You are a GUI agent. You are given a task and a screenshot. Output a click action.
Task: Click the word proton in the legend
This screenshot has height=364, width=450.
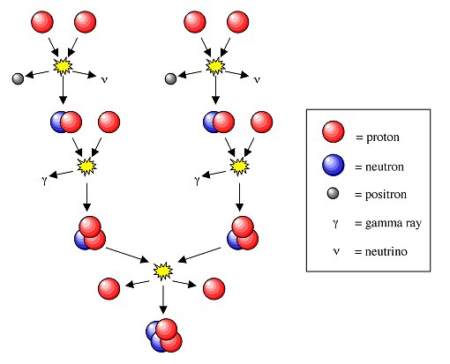(x=383, y=137)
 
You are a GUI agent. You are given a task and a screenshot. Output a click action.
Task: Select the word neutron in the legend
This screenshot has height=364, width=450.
(x=385, y=167)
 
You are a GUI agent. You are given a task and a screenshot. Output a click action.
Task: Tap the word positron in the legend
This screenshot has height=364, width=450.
(x=386, y=195)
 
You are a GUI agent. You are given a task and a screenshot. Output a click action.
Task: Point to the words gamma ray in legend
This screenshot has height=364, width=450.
(x=394, y=224)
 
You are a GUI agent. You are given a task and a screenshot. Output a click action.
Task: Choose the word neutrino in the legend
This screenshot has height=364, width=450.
(x=386, y=252)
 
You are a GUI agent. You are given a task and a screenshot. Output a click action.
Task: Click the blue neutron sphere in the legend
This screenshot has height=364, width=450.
(x=333, y=165)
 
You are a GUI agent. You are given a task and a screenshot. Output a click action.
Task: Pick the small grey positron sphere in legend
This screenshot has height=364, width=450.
(x=333, y=193)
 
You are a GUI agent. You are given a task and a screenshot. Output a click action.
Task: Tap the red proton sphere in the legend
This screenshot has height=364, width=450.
(x=333, y=131)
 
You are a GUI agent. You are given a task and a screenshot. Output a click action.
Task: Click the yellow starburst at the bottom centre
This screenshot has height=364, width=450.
(x=163, y=271)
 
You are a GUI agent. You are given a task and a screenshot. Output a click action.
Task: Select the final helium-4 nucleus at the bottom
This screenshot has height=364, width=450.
(x=164, y=335)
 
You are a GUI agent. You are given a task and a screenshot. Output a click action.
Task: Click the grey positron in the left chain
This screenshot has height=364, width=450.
(x=18, y=78)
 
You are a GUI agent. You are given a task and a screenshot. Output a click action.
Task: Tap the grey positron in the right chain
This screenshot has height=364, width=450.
(x=170, y=78)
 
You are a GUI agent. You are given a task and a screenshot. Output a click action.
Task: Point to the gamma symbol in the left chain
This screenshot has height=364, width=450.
(x=44, y=180)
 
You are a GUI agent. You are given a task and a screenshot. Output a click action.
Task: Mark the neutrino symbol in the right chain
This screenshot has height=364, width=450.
(x=257, y=79)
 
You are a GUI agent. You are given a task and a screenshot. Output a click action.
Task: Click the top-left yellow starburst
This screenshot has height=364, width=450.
(x=63, y=66)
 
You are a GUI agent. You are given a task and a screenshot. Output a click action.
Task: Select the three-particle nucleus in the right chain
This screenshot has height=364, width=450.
(x=243, y=233)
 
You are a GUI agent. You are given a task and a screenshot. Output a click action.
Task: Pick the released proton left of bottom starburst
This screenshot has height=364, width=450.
(x=109, y=288)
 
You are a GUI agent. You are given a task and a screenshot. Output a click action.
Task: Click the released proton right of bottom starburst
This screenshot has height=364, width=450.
(x=214, y=288)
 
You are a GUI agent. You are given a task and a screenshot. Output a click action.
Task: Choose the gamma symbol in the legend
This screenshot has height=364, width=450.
(x=335, y=224)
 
